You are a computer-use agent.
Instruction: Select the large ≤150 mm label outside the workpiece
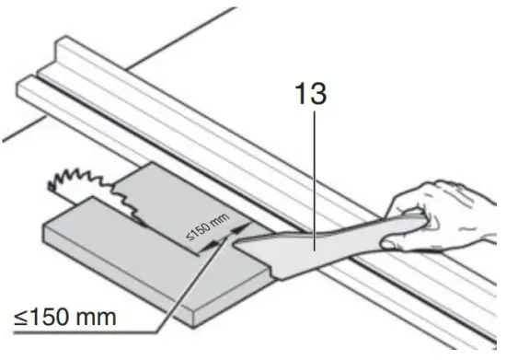point(65,319)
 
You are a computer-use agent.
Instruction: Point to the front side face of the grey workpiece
point(120,276)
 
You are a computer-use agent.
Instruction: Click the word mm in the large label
point(97,319)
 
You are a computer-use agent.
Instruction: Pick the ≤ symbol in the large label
point(20,319)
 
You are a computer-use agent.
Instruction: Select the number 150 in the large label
point(52,319)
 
